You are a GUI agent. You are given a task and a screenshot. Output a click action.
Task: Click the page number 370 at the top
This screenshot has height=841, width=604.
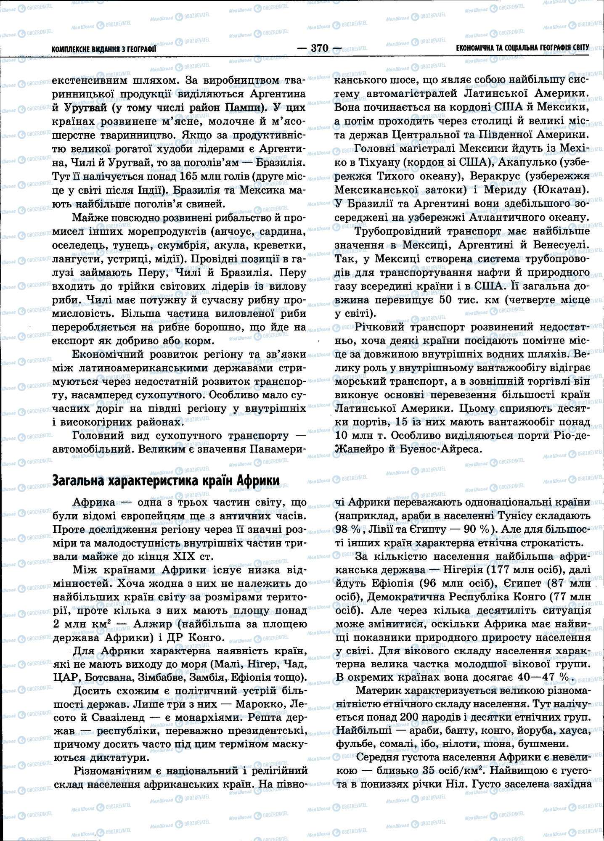(x=319, y=48)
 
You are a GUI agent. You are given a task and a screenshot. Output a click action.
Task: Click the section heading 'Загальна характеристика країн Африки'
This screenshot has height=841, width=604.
(x=166, y=480)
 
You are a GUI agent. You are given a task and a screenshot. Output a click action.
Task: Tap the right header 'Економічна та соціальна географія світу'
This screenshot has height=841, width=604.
(x=522, y=48)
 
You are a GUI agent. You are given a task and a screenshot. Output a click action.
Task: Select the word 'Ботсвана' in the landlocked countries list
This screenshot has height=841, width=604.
(x=104, y=678)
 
